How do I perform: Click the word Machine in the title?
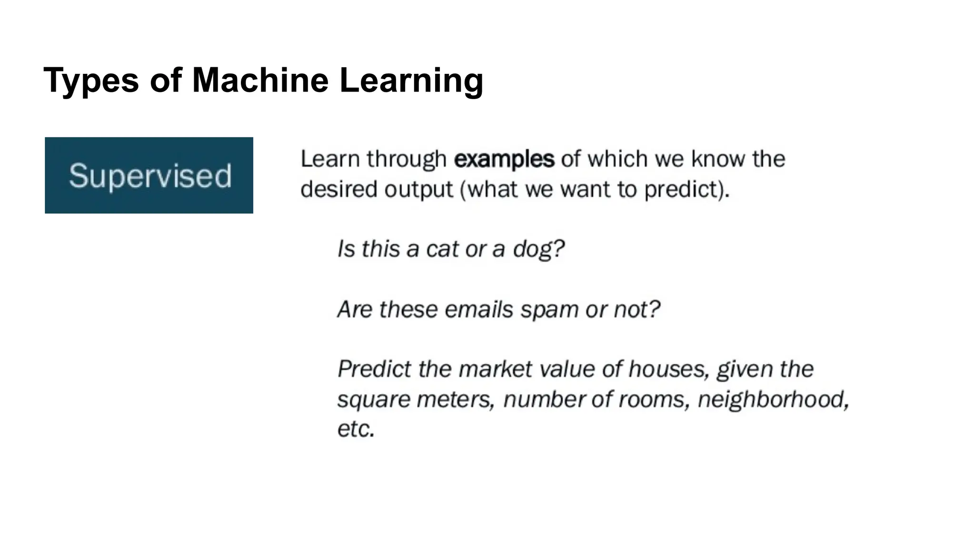point(260,80)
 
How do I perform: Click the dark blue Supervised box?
point(149,175)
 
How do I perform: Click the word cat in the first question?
point(443,249)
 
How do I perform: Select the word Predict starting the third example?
point(374,369)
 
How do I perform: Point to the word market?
point(493,369)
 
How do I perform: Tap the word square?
point(373,400)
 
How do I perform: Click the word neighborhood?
point(773,399)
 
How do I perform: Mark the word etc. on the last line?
point(356,429)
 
